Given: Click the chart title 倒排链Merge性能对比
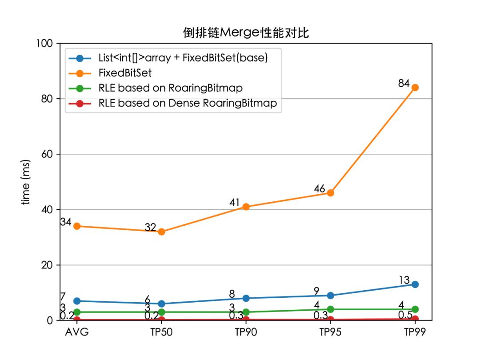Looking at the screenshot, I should pyautogui.click(x=246, y=32).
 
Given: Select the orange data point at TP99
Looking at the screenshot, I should pyautogui.click(x=415, y=88).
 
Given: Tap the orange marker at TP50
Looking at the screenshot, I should pyautogui.click(x=161, y=232).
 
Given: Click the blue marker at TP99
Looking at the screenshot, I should pyautogui.click(x=415, y=284).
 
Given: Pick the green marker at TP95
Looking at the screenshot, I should pyautogui.click(x=331, y=309).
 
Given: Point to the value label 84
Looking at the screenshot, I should pyautogui.click(x=404, y=83).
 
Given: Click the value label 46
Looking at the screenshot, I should pyautogui.click(x=319, y=189).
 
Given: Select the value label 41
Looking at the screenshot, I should pyautogui.click(x=235, y=203).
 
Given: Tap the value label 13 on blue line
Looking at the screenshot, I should pyautogui.click(x=404, y=280).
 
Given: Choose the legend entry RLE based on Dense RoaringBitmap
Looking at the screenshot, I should pyautogui.click(x=188, y=103).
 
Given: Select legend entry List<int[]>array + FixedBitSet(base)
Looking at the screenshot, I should pyautogui.click(x=183, y=58).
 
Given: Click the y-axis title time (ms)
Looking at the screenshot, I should pyautogui.click(x=26, y=182).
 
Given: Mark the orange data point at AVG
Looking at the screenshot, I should pyautogui.click(x=77, y=226).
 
